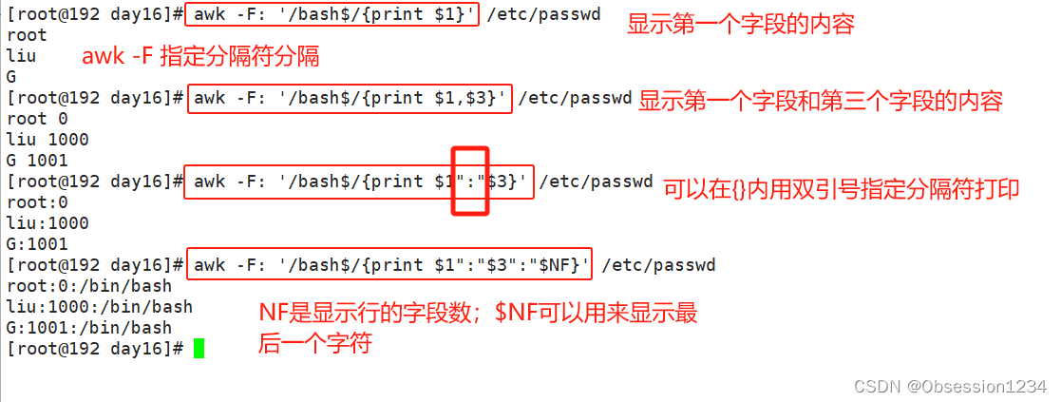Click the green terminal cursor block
(x=199, y=349)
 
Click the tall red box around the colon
(x=469, y=181)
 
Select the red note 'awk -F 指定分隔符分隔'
(x=200, y=57)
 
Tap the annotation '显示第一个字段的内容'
(x=740, y=24)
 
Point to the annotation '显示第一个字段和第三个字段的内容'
(x=821, y=101)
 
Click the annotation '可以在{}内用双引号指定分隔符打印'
(x=841, y=189)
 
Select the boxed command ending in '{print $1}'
(x=332, y=15)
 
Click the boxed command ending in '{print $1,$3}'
(x=350, y=98)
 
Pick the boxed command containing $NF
(x=390, y=265)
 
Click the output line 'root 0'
(x=37, y=119)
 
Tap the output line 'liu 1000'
(x=47, y=140)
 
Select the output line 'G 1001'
(x=37, y=161)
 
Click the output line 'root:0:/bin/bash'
(x=89, y=286)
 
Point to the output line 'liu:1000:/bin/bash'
(x=100, y=307)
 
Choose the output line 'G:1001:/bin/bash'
(x=89, y=328)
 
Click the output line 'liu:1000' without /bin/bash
(x=47, y=223)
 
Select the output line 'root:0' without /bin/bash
(x=37, y=202)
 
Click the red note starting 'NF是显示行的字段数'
(x=479, y=328)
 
